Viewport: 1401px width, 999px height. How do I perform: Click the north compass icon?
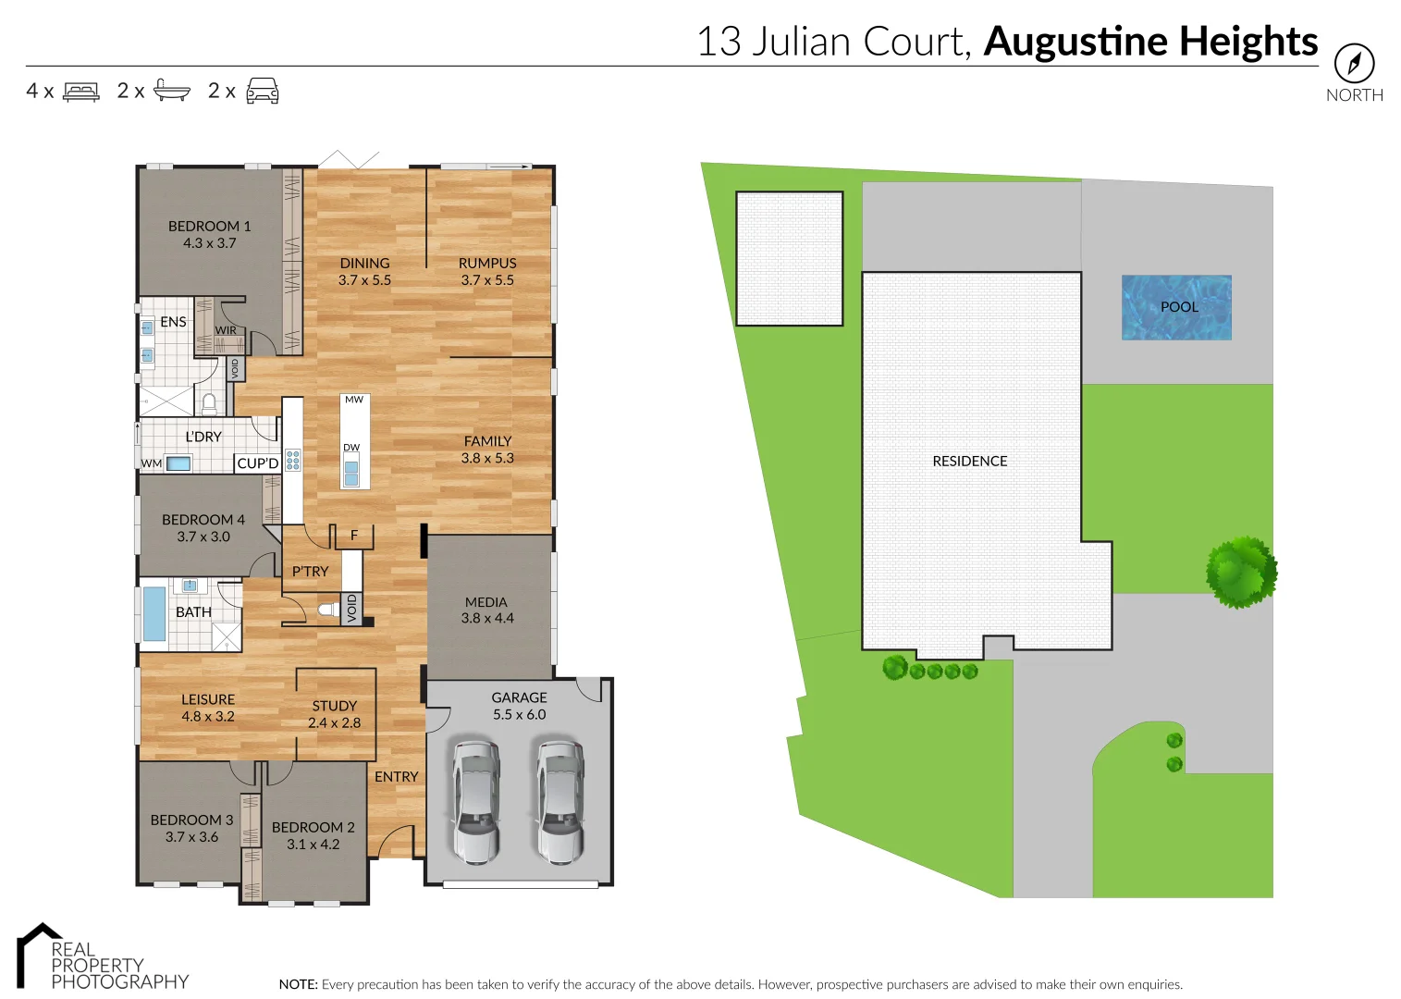[1354, 64]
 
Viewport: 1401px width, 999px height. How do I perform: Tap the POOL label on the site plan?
[1179, 307]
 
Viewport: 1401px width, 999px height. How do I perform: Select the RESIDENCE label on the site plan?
[969, 461]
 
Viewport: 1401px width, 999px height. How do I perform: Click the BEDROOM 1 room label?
[209, 227]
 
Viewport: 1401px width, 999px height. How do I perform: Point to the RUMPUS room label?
[487, 264]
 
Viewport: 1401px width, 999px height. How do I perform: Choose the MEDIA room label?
[486, 602]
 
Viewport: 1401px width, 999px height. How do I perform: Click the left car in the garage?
[475, 800]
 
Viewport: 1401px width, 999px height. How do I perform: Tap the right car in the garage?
[559, 800]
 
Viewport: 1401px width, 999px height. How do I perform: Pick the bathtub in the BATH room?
[154, 613]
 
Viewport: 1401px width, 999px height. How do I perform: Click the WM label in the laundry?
[152, 463]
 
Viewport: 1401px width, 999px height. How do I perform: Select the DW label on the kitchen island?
[351, 448]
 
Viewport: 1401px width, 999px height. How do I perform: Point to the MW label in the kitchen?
[354, 400]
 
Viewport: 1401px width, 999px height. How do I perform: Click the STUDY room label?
[334, 706]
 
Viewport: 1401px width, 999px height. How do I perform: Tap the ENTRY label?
[396, 777]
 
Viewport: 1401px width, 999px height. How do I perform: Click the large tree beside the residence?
[1241, 572]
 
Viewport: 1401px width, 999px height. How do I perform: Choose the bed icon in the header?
[81, 92]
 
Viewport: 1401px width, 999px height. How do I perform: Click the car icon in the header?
[263, 91]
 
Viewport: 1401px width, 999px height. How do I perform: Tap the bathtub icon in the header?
[171, 90]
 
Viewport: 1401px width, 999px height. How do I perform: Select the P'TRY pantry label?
[310, 572]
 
